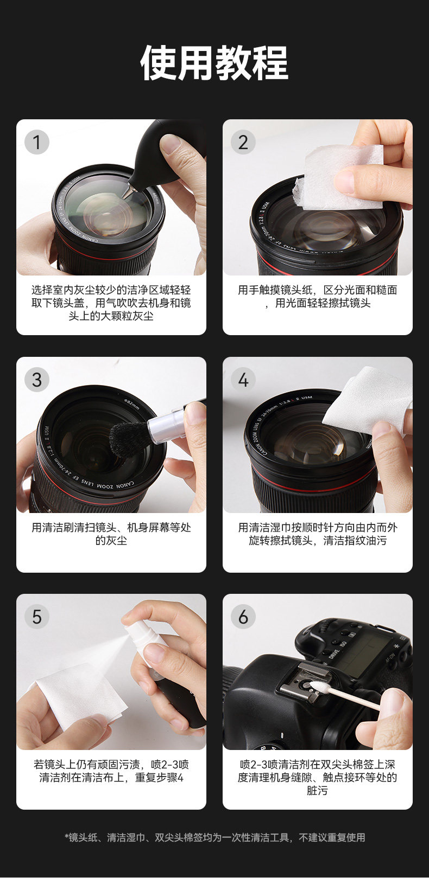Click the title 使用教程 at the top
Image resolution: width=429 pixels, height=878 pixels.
click(x=214, y=63)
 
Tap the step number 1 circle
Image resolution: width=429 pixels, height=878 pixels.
click(x=37, y=142)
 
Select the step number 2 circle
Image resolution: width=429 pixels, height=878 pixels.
click(x=243, y=142)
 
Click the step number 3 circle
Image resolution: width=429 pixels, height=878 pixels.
click(x=37, y=380)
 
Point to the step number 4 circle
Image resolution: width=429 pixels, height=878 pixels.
click(x=243, y=380)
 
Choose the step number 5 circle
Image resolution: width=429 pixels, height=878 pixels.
click(x=37, y=617)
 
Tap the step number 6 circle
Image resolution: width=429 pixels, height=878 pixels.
click(x=243, y=617)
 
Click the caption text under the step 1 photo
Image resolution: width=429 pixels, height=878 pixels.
click(x=111, y=303)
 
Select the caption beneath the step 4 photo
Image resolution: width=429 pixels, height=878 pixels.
click(x=318, y=534)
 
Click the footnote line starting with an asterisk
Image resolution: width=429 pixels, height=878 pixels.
click(x=214, y=838)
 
